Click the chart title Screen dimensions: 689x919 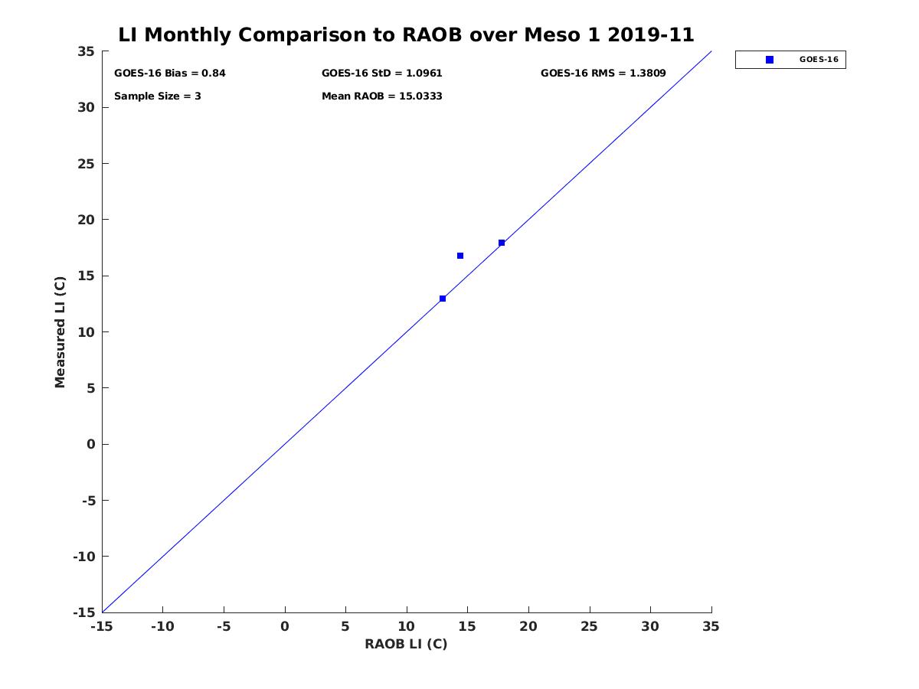tap(406, 35)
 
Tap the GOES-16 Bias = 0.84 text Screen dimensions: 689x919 tap(169, 73)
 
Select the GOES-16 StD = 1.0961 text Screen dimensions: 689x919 tap(381, 73)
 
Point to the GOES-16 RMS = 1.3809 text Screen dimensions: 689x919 tap(603, 73)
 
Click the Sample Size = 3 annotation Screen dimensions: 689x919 tap(157, 96)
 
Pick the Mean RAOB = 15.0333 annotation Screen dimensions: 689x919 tap(381, 96)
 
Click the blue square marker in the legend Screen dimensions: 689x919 tap(770, 60)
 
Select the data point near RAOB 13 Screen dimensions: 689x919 tap(443, 299)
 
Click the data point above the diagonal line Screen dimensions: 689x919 tap(460, 256)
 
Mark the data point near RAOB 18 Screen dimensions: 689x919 tap(502, 243)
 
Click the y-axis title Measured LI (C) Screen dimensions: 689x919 tap(61, 331)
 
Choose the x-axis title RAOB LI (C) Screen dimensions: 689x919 tap(406, 644)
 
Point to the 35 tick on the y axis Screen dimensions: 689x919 tap(87, 51)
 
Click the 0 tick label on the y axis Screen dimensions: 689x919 tap(90, 444)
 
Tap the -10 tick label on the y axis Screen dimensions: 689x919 tap(83, 557)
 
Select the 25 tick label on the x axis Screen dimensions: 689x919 tap(589, 627)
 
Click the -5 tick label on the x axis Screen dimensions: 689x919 tap(224, 627)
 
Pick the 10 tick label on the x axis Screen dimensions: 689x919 tap(407, 627)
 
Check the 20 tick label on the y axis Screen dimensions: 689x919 tap(87, 220)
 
